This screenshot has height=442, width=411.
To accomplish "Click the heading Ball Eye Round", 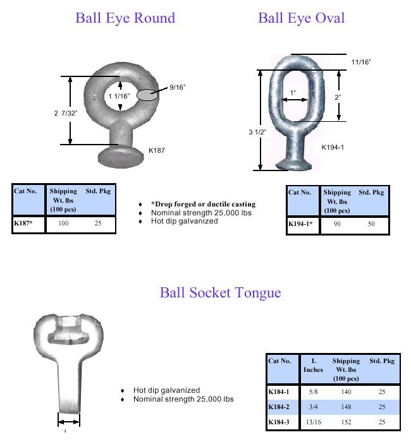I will (125, 18).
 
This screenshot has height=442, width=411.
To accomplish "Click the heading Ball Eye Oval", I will (302, 18).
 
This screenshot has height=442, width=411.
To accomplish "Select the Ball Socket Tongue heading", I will (220, 293).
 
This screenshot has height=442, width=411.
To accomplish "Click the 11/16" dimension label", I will (360, 62).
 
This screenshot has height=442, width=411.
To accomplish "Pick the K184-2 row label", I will (279, 407).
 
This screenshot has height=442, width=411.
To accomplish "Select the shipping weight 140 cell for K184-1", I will (345, 392).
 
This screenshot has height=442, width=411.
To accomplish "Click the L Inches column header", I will (313, 365).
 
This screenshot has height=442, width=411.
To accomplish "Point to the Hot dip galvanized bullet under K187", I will (184, 221).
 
